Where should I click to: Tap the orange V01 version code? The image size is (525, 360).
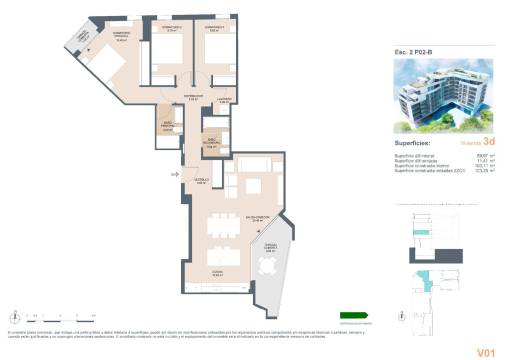point(487,351)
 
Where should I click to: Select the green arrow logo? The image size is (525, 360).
point(354,315)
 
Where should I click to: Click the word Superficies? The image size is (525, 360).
point(409,143)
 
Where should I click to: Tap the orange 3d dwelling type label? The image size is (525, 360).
point(488,143)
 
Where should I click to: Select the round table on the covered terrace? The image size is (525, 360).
point(267,267)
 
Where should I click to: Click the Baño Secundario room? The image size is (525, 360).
point(211,143)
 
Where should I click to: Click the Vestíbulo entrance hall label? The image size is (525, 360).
point(201,182)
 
